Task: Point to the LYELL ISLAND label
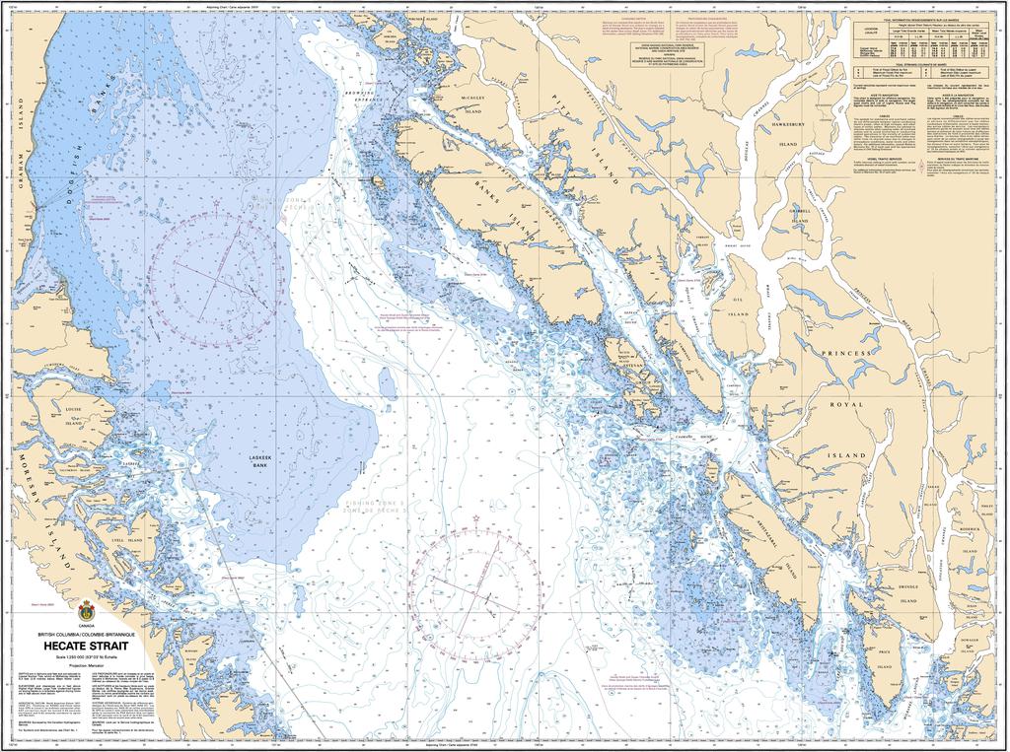click(128, 541)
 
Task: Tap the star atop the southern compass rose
click(475, 517)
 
